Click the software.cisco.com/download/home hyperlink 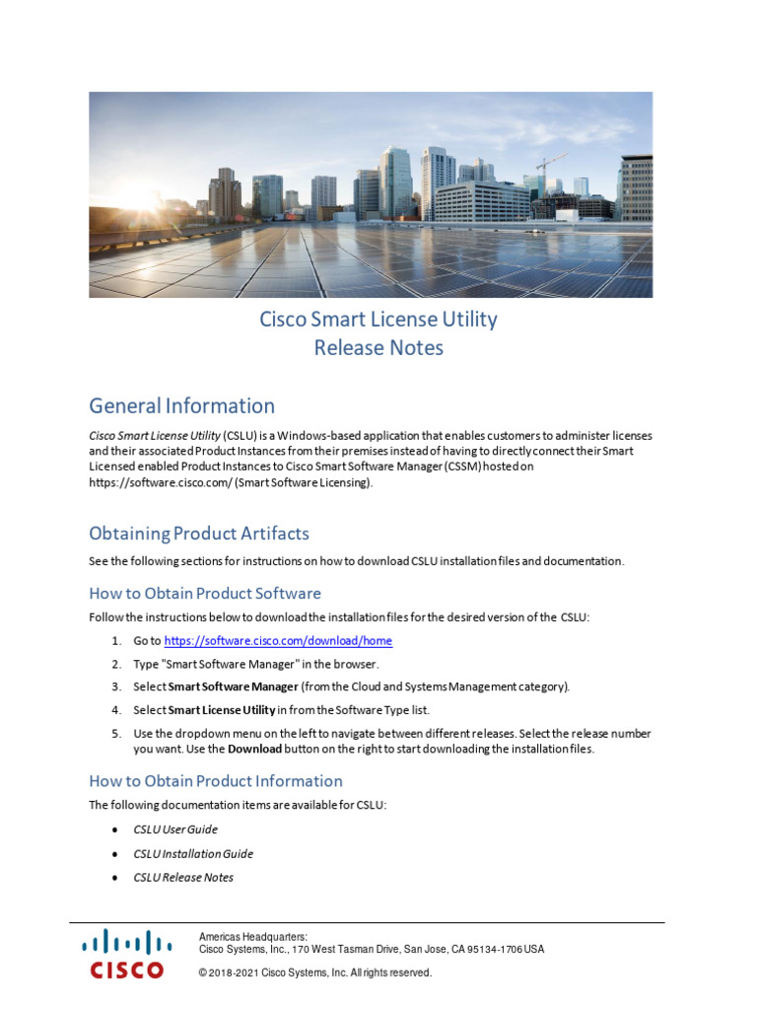(278, 641)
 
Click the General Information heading (181, 406)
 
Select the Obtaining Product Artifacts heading (199, 534)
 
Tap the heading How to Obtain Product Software (205, 594)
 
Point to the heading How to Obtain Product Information (216, 781)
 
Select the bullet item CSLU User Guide (175, 830)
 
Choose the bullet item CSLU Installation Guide (193, 854)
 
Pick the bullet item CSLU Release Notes (183, 878)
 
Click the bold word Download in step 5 (255, 749)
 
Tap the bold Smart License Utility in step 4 (222, 710)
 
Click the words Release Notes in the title (378, 348)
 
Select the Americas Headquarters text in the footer (253, 937)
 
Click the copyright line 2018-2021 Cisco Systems (315, 973)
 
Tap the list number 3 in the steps (115, 686)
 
